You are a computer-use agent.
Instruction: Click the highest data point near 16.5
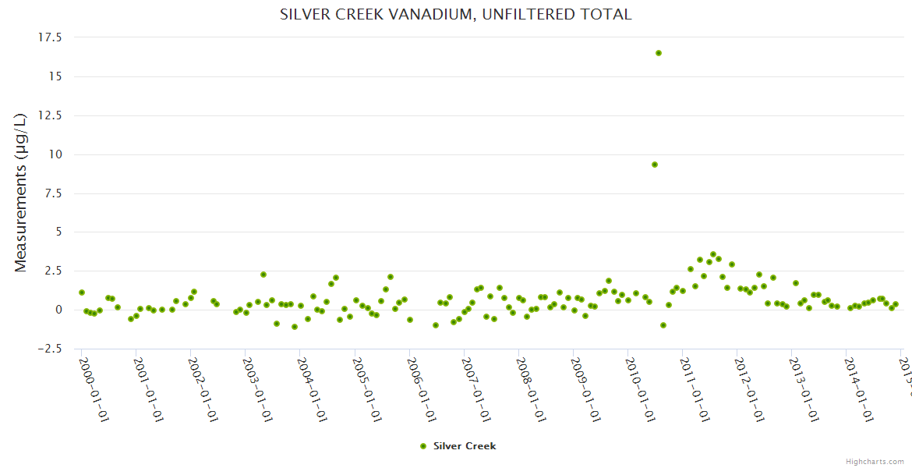coord(659,53)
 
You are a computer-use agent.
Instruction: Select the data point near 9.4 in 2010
coord(655,165)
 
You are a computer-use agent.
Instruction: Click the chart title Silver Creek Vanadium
coord(455,15)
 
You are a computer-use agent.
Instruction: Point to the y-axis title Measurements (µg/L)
coord(21,193)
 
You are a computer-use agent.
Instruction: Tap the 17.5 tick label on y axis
coord(51,37)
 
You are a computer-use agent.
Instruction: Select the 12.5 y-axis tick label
coord(51,115)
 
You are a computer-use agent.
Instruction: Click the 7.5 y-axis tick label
coord(55,193)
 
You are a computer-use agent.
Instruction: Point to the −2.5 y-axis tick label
coord(51,349)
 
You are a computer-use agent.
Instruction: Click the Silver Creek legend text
coord(465,446)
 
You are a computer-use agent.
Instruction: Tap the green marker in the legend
coord(423,446)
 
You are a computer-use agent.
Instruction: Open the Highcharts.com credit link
coord(875,462)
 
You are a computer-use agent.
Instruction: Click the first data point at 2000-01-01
coord(82,292)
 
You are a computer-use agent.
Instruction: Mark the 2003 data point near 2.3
coord(263,275)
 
